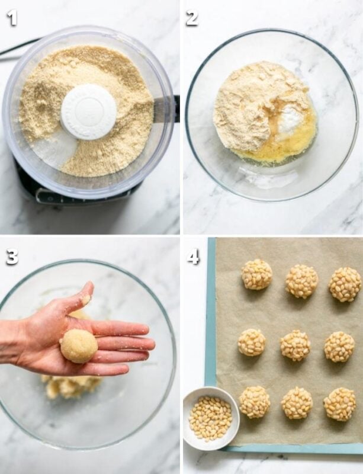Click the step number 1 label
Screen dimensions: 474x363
click(x=12, y=18)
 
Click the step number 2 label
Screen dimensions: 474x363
click(x=192, y=18)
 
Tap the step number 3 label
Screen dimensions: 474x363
click(x=12, y=257)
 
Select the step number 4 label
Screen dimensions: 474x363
click(x=193, y=257)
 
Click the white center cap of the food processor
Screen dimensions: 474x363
click(x=89, y=111)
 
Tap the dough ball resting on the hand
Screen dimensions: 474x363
click(x=79, y=346)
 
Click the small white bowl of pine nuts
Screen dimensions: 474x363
click(x=211, y=418)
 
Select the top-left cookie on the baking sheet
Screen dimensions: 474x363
click(x=257, y=274)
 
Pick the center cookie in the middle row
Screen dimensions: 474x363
click(x=295, y=345)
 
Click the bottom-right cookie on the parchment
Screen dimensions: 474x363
click(x=340, y=404)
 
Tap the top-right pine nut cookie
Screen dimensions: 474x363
click(x=345, y=284)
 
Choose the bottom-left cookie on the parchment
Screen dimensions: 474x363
click(x=255, y=402)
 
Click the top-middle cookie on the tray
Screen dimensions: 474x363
click(x=301, y=281)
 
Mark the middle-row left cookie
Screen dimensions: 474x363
click(x=252, y=342)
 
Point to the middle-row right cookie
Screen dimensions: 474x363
click(x=339, y=347)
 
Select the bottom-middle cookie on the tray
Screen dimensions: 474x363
click(x=297, y=403)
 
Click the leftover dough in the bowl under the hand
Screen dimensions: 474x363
click(x=71, y=386)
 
